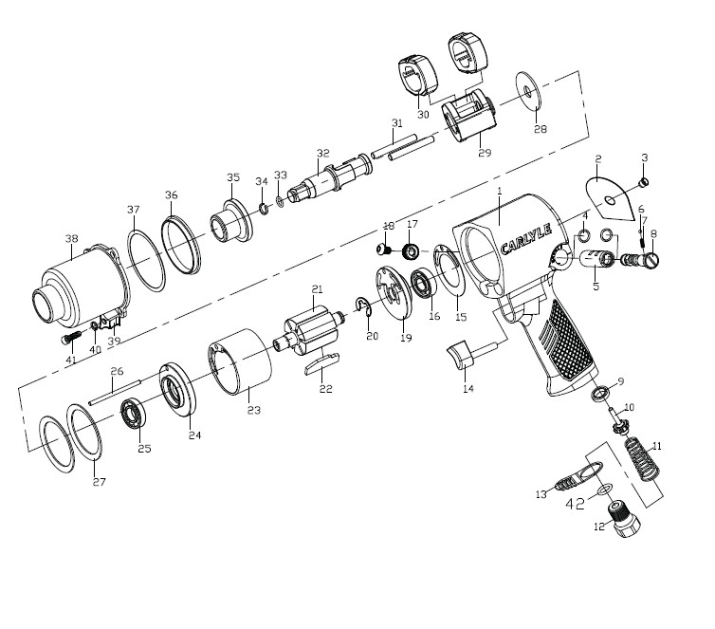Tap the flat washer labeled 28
(525, 91)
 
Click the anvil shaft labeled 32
(321, 177)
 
